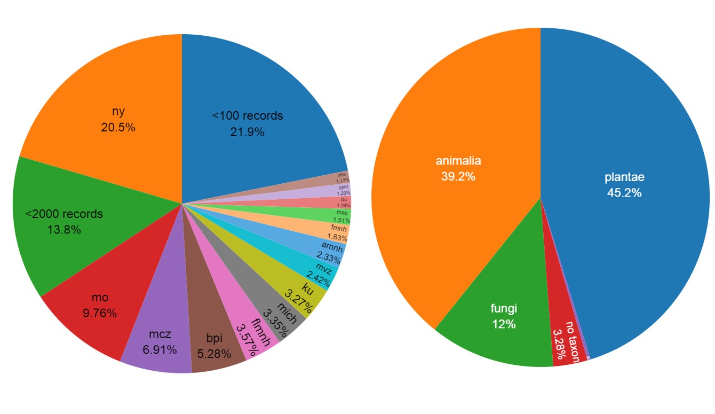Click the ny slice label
118,112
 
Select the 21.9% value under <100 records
247,132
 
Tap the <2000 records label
64,214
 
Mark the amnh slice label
332,245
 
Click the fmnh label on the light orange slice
339,229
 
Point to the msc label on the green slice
341,213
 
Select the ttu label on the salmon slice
344,199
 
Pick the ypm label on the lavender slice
343,187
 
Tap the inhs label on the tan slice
342,175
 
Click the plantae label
624,177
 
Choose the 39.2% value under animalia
458,176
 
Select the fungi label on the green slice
504,308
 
